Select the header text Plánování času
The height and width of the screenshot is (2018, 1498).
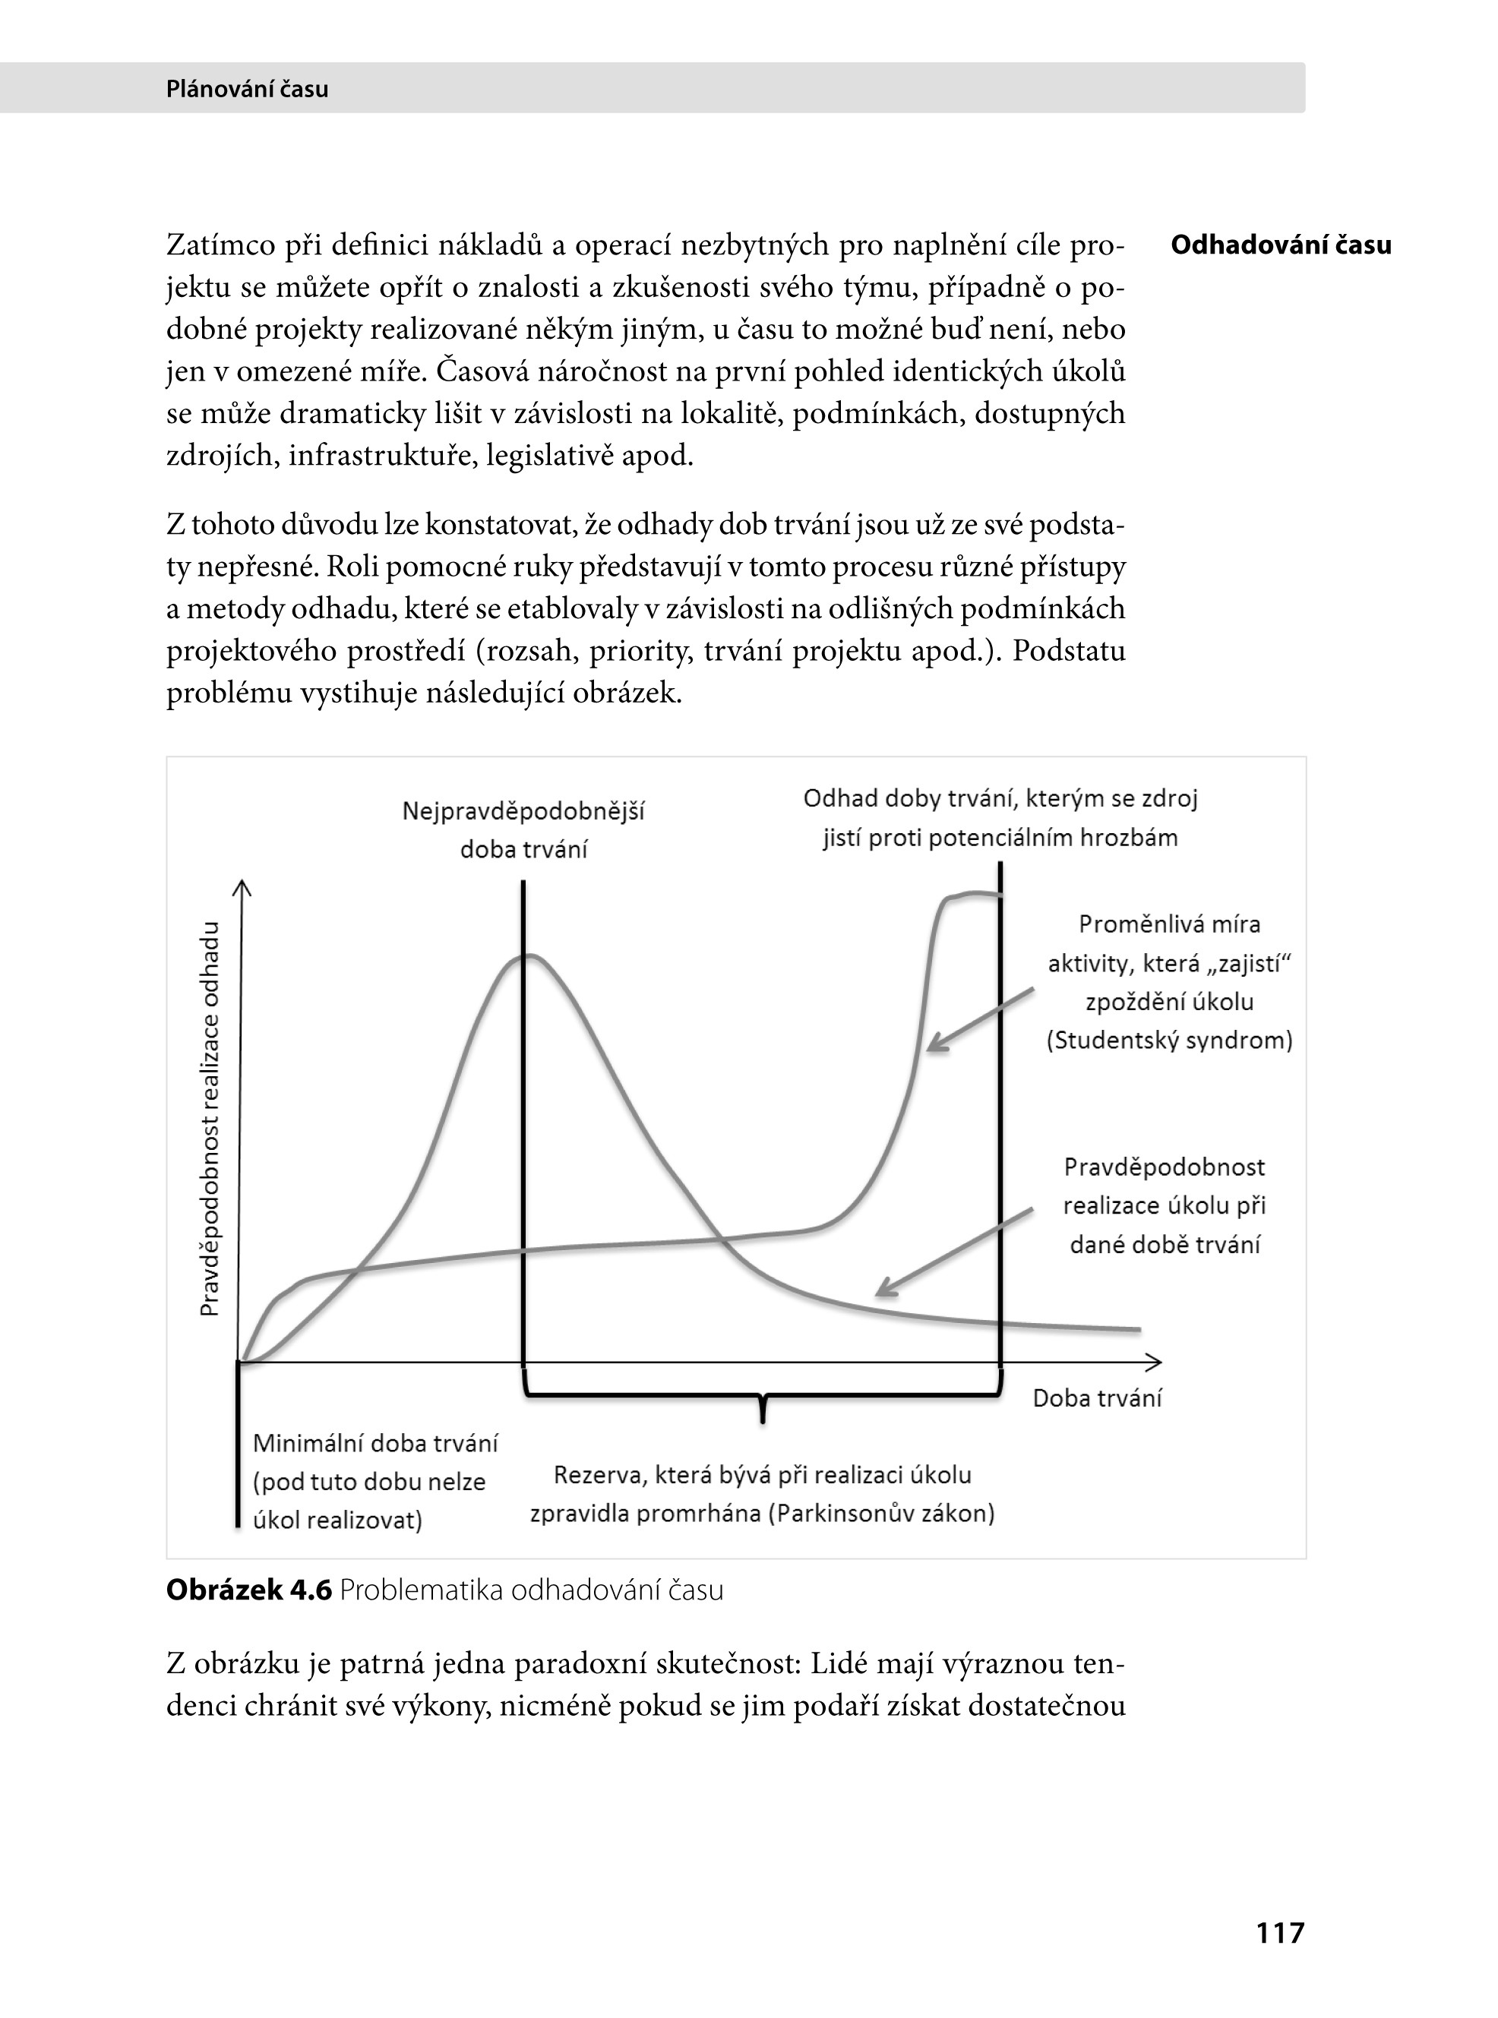tap(247, 89)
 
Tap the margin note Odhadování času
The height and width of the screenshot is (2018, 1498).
tap(1281, 245)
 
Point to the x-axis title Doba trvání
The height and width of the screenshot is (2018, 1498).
tap(1096, 1398)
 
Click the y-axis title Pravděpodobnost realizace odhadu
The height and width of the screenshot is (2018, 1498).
tap(210, 1119)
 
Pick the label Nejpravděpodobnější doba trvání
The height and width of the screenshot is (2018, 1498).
tap(523, 829)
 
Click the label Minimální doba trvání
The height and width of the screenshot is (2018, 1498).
tap(375, 1443)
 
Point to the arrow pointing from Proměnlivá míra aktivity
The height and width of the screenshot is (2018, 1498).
tap(979, 1020)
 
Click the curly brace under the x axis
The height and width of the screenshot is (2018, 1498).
tap(763, 1400)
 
